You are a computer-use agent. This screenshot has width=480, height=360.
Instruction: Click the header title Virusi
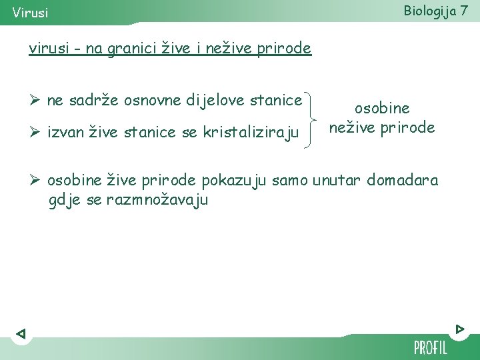click(x=30, y=13)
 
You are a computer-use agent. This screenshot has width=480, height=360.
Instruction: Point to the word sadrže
click(x=85, y=101)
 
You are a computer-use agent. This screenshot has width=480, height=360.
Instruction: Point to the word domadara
click(x=403, y=180)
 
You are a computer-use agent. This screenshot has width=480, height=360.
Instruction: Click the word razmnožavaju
click(x=157, y=199)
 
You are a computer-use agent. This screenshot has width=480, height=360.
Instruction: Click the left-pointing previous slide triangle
click(x=21, y=333)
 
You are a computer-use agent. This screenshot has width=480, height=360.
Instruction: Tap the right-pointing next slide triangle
click(x=460, y=329)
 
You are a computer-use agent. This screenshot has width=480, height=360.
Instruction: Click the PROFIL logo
click(x=430, y=347)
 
